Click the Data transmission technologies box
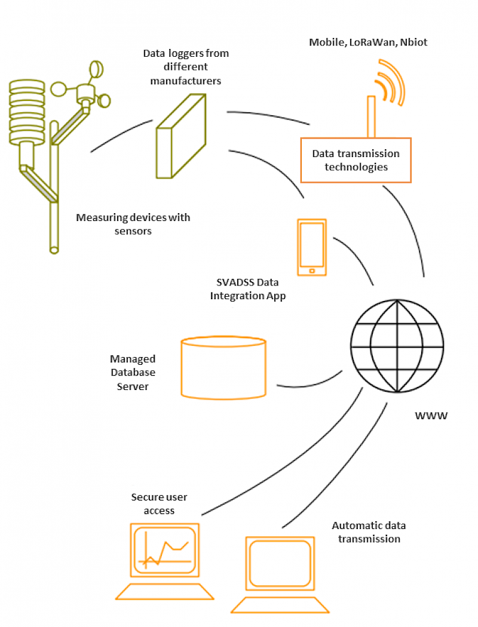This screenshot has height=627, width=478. click(x=356, y=160)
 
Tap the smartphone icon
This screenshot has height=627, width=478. click(x=312, y=247)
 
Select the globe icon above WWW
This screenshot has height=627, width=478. click(x=397, y=346)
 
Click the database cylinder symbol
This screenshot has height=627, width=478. click(x=223, y=367)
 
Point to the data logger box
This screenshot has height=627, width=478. click(x=181, y=136)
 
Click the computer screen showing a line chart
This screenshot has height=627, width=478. click(x=164, y=550)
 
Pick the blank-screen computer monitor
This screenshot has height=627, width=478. click(x=280, y=564)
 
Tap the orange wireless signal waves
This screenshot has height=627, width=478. click(x=390, y=82)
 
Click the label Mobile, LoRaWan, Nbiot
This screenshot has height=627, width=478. click(x=368, y=42)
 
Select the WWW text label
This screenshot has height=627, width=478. click(x=431, y=416)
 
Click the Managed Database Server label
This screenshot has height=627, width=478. click(x=133, y=372)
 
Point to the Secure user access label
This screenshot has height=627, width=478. click(x=159, y=503)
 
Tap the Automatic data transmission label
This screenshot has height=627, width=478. click(x=369, y=532)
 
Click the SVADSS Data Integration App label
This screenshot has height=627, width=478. click(x=247, y=289)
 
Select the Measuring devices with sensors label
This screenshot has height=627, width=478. click(x=133, y=224)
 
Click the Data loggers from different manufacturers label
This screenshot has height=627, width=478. click(x=186, y=67)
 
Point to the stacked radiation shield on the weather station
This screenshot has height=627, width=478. click(x=27, y=112)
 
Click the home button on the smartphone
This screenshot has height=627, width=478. click(x=312, y=271)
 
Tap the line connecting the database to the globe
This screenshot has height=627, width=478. click(x=310, y=383)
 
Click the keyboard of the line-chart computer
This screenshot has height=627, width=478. click(x=164, y=591)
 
